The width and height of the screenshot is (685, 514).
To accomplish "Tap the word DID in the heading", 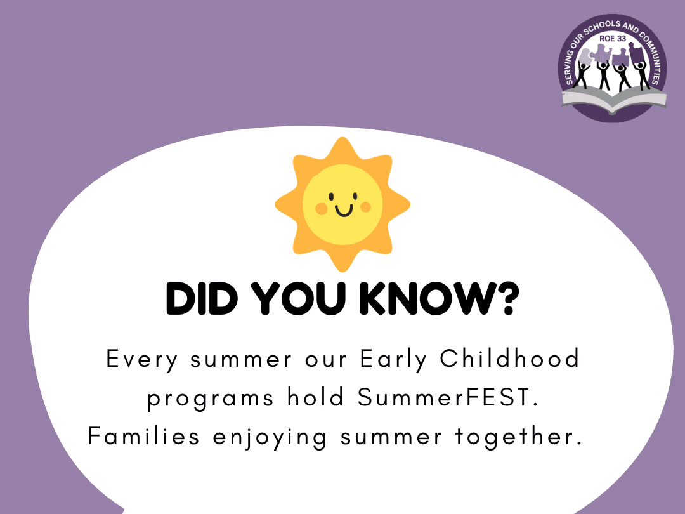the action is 202,298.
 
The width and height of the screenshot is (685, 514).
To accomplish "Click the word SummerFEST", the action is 448,397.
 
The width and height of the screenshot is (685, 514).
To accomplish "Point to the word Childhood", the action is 509,359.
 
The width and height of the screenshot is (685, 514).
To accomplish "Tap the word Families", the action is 144,436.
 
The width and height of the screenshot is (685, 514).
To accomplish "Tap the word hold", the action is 315,397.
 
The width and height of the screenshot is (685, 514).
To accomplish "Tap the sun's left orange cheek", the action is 322,209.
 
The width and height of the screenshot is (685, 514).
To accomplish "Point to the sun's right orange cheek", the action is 366,207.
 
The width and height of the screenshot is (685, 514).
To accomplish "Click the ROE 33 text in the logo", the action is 613,39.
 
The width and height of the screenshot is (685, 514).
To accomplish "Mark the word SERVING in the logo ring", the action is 571,65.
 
